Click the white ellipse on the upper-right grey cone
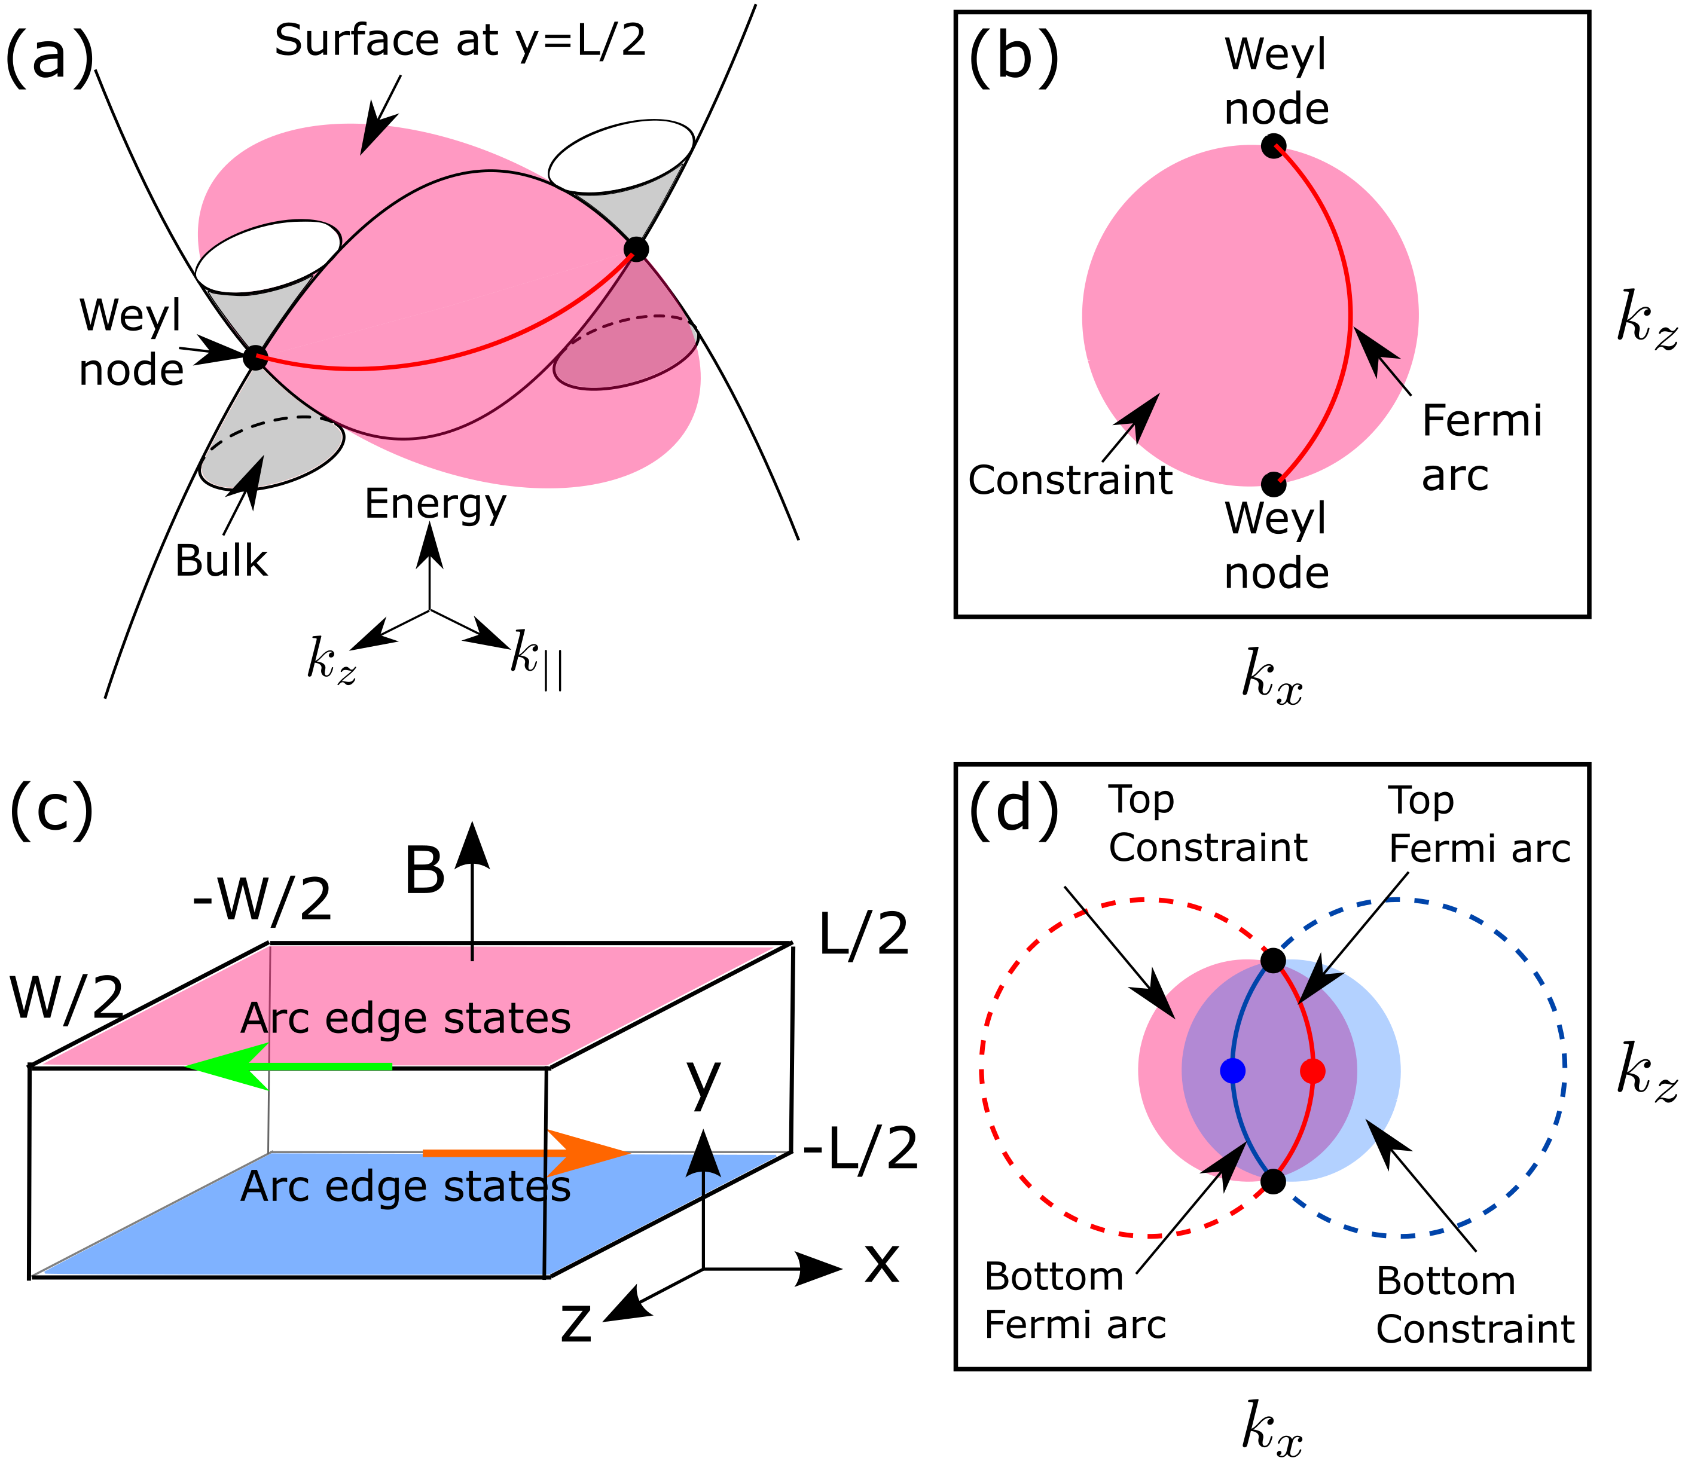(x=621, y=157)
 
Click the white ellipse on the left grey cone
(x=267, y=256)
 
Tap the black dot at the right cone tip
(x=636, y=249)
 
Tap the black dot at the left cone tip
(x=257, y=357)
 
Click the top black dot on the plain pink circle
(x=1272, y=148)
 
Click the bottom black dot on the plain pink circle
(x=1272, y=482)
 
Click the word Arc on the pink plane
(x=275, y=1019)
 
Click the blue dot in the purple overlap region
(x=1233, y=1071)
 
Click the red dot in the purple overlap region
(x=1312, y=1071)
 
